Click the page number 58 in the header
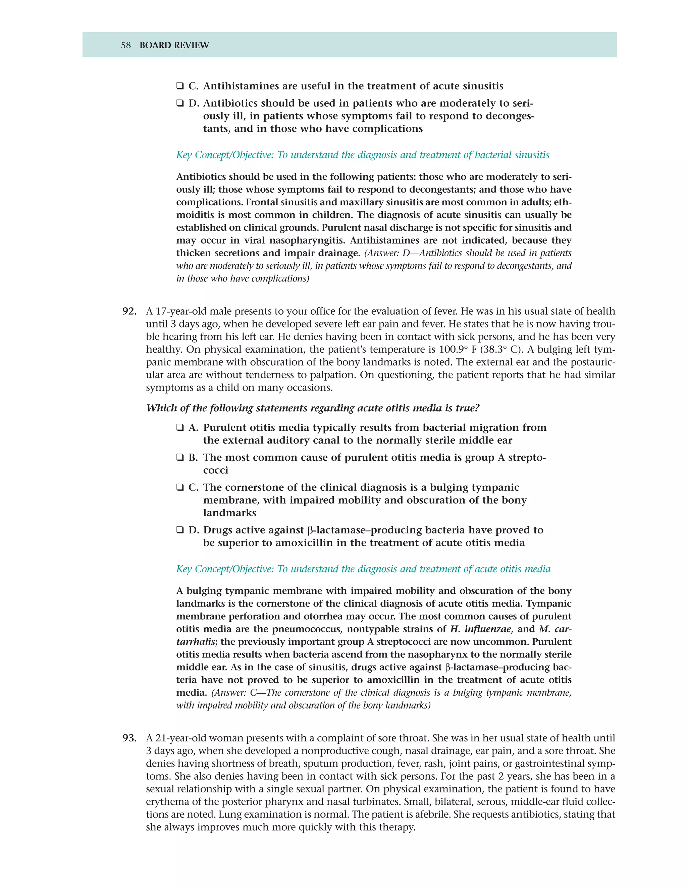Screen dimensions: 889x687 tap(126, 45)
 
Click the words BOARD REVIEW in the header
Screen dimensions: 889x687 tap(174, 45)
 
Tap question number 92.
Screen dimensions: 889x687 tap(129, 311)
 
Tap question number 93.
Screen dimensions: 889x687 tap(129, 738)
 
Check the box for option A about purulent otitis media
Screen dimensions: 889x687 tap(180, 428)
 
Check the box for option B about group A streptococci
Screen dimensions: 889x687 tap(180, 458)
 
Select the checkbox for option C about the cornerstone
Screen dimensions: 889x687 tap(180, 488)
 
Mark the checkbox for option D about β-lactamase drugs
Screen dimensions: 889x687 tap(180, 530)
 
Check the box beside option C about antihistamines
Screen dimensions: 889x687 tap(180, 86)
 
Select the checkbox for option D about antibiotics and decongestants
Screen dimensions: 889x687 tap(180, 103)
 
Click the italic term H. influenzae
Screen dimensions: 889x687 tap(480, 629)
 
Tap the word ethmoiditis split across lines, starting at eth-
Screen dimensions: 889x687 tap(563, 202)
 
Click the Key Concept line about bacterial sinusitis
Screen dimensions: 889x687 tap(362, 155)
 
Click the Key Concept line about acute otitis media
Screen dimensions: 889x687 tap(363, 569)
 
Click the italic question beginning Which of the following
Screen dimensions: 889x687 tap(313, 408)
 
